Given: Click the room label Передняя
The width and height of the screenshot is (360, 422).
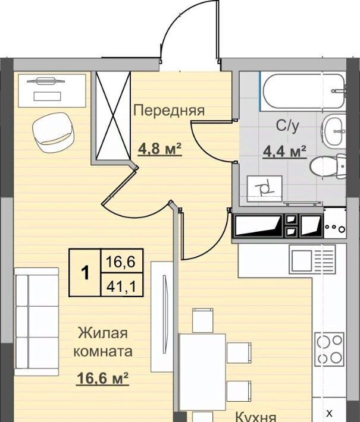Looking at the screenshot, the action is [169, 111].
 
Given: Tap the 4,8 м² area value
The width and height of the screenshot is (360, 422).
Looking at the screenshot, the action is [160, 149].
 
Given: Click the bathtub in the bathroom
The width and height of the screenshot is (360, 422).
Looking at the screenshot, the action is [303, 92].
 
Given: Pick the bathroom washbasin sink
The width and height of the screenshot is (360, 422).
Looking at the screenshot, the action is [333, 131].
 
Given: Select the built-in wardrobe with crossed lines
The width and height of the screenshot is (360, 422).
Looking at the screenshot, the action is [113, 116].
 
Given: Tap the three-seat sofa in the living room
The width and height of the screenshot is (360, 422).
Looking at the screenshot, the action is [36, 322].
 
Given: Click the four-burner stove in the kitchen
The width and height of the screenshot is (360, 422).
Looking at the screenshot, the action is [330, 349].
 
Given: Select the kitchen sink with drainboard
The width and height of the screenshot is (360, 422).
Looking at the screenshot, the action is [312, 259].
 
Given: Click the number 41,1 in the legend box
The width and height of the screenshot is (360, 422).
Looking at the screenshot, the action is [121, 286].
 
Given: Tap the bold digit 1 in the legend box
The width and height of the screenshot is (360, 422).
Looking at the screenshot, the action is [86, 272].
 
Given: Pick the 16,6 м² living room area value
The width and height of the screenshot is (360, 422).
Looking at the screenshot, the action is [103, 379].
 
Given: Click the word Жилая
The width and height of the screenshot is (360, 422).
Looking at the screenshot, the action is [103, 333].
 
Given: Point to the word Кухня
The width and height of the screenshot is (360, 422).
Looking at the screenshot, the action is [256, 418].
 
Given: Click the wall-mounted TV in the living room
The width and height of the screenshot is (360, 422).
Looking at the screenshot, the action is [162, 316].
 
